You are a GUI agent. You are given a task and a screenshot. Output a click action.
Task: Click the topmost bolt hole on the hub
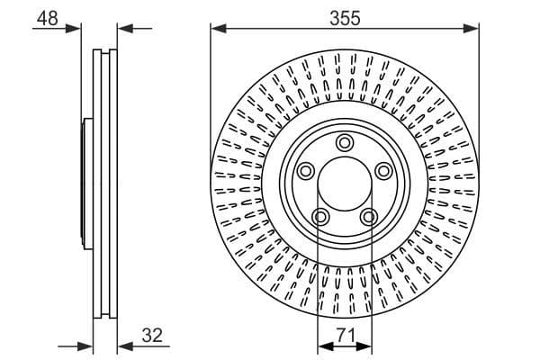tap(344, 142)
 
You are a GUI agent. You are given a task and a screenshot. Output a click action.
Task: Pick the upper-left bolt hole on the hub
tap(305, 171)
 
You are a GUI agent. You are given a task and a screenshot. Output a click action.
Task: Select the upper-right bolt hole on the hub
tap(383, 171)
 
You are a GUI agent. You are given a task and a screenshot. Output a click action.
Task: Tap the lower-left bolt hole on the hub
tap(319, 216)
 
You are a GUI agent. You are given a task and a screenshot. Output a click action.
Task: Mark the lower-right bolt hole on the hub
tap(368, 216)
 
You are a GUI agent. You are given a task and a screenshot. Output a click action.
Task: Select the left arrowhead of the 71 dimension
tap(323, 346)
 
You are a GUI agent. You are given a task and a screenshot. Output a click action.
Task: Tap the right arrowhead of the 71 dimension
tap(364, 346)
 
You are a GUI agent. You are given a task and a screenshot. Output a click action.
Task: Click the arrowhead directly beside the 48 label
tap(76, 29)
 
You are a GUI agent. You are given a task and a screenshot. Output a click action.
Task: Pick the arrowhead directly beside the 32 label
tap(123, 346)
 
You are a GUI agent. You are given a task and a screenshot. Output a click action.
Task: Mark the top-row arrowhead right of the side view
tap(123, 29)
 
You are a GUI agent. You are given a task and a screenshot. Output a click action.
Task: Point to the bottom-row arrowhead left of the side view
tap(87, 346)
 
